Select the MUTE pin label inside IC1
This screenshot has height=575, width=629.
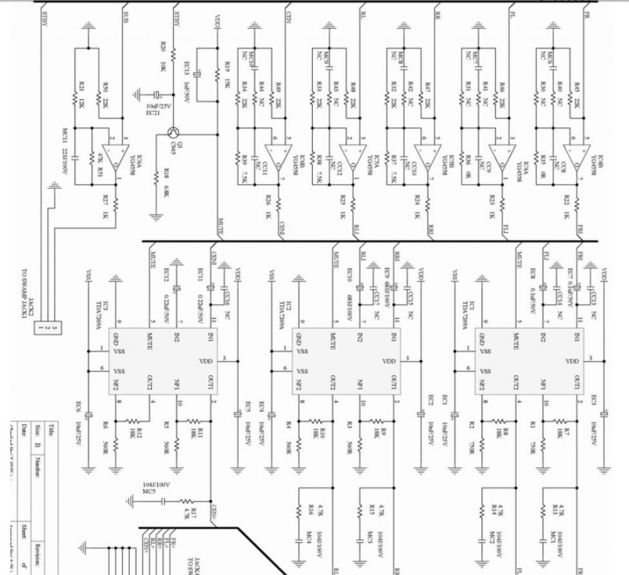tap(519, 338)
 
